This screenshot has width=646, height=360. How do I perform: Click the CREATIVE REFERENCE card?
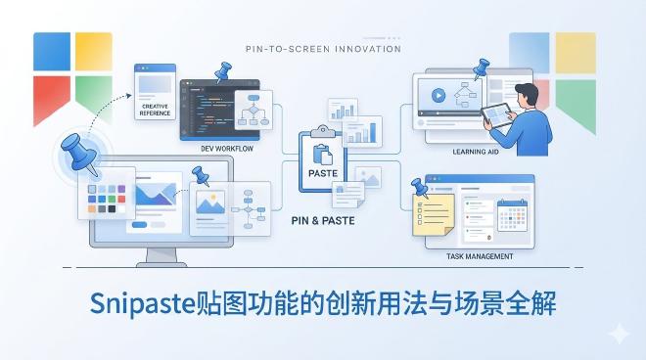155,93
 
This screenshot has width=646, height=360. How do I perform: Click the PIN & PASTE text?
323,220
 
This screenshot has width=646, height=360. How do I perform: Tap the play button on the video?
437,96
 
